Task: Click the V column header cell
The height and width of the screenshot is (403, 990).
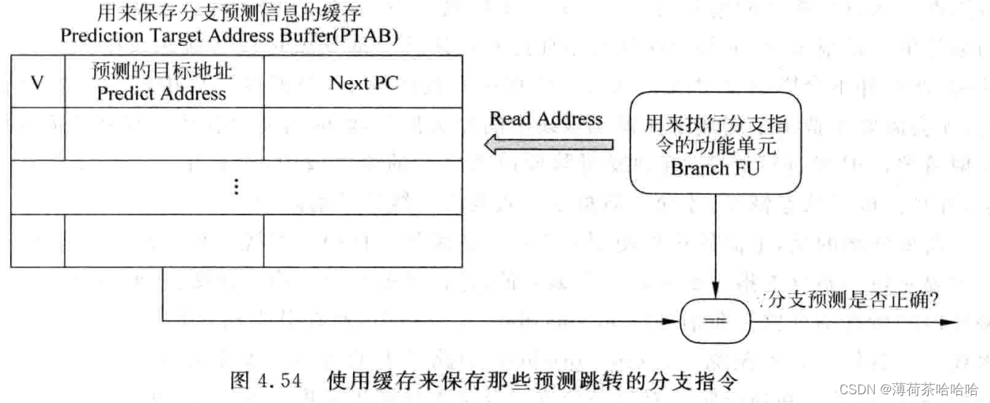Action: coord(37,82)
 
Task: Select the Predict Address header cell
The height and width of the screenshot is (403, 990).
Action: coord(164,81)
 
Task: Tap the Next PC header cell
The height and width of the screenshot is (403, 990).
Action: coord(363,82)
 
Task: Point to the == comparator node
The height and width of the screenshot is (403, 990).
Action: coord(715,322)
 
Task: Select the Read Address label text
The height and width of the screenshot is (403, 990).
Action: coord(546,119)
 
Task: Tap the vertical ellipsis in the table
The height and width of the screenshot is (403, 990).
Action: coord(236,187)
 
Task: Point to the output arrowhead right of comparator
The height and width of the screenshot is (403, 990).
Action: coord(951,322)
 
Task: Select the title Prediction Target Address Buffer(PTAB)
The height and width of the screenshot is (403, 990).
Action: coord(229,36)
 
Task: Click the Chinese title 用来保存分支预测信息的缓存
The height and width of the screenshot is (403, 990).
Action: coord(229,13)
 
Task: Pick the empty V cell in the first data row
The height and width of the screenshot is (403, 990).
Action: coord(37,134)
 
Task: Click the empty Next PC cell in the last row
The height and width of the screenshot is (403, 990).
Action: coord(363,241)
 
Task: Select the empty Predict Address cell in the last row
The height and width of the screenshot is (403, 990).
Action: coord(164,241)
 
